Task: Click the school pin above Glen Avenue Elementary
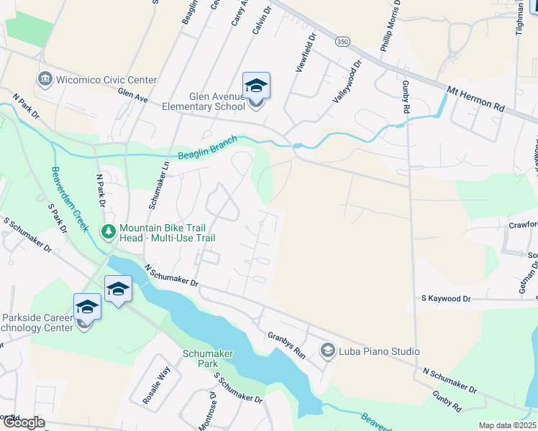pos(256,87)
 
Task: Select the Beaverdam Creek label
pos(69,199)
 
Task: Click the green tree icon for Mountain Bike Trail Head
pos(109,231)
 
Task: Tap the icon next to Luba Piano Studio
pos(328,351)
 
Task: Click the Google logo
pos(23,423)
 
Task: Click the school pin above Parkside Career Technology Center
pos(87,307)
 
